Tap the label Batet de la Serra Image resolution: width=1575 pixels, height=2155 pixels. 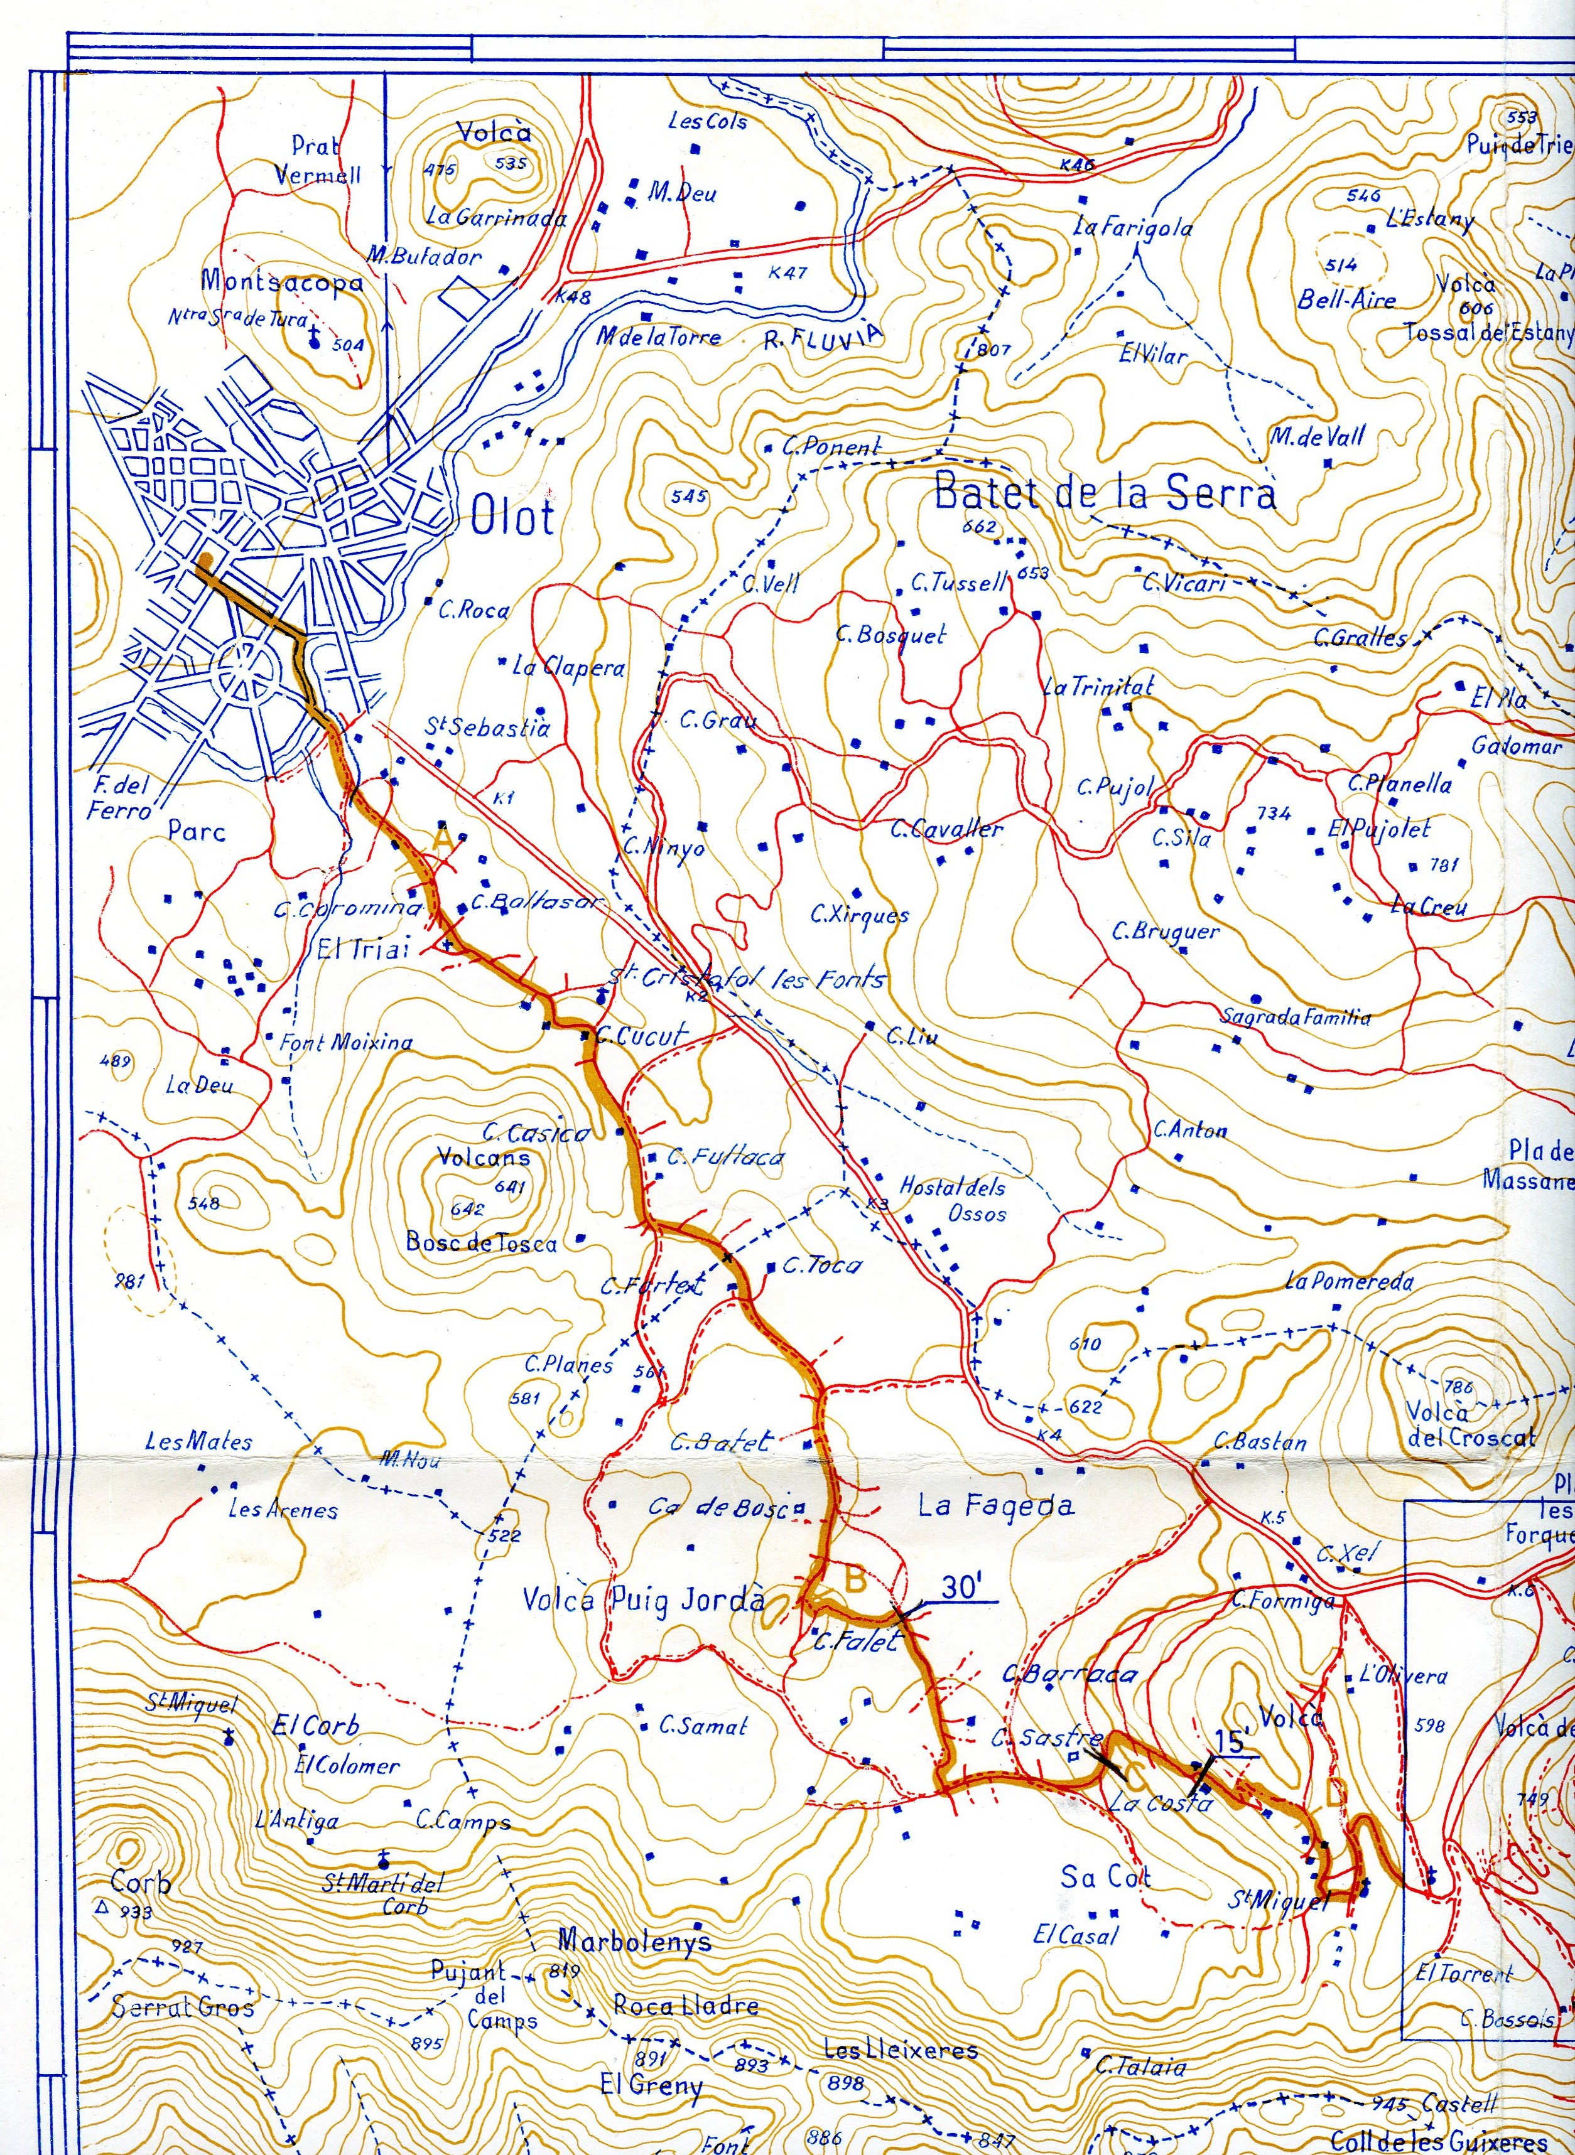(1104, 493)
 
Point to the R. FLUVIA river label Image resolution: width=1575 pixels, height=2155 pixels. (823, 335)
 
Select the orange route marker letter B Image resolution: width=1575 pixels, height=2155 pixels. (855, 1580)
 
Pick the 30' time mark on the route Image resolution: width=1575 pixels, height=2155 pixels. (962, 1587)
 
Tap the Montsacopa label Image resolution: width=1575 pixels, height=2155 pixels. (281, 281)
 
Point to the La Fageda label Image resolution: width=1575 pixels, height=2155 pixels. (995, 1506)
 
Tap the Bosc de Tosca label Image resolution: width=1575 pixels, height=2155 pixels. (482, 1242)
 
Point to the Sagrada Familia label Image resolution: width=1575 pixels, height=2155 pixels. (1296, 1017)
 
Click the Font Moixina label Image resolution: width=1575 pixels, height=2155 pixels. (346, 1042)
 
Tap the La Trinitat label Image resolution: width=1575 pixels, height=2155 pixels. (1098, 686)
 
